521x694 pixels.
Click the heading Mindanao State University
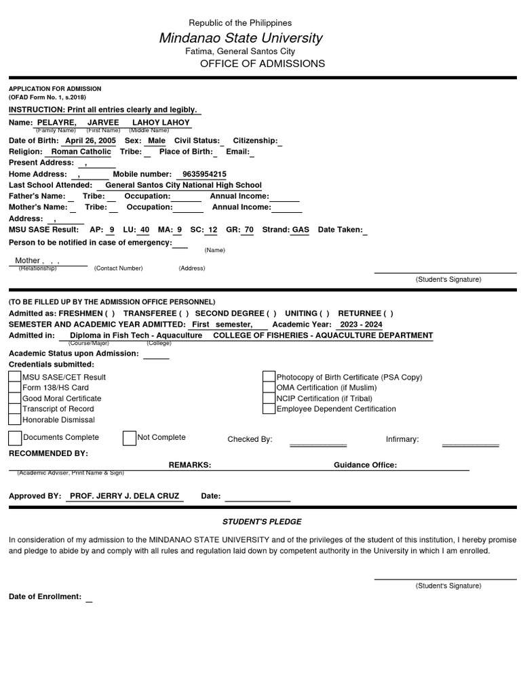(x=241, y=38)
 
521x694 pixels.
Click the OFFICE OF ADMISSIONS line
(x=263, y=64)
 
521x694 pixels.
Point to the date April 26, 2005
(x=90, y=140)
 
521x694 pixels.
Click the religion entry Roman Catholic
(x=81, y=152)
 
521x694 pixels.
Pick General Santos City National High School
(x=183, y=185)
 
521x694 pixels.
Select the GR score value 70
(x=249, y=230)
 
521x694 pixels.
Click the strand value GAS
(x=300, y=230)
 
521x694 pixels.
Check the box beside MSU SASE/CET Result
(x=15, y=377)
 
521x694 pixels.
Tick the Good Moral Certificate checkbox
(x=15, y=399)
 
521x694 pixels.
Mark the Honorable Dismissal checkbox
(x=15, y=420)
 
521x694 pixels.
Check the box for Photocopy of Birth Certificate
(x=269, y=377)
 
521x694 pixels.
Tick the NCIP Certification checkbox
(x=269, y=399)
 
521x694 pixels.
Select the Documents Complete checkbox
(x=15, y=438)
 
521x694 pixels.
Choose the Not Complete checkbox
(x=130, y=438)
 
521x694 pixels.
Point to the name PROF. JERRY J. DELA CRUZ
(x=125, y=496)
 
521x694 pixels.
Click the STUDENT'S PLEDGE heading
(x=262, y=522)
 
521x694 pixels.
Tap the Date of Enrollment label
(x=45, y=596)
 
